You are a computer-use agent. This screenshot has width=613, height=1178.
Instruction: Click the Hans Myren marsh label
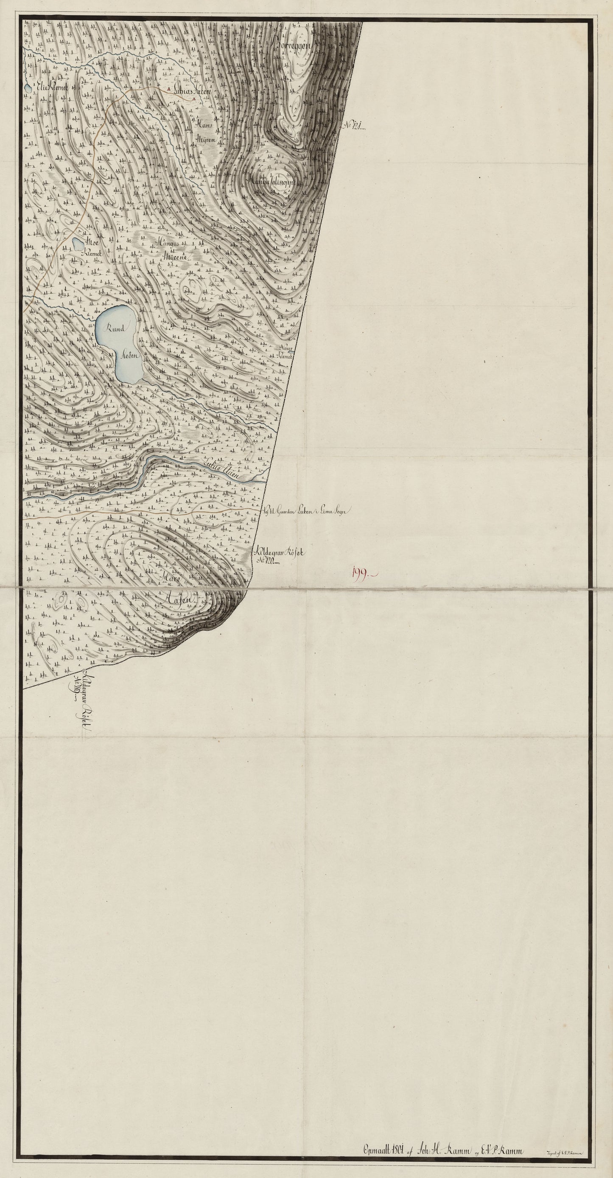click(207, 131)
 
